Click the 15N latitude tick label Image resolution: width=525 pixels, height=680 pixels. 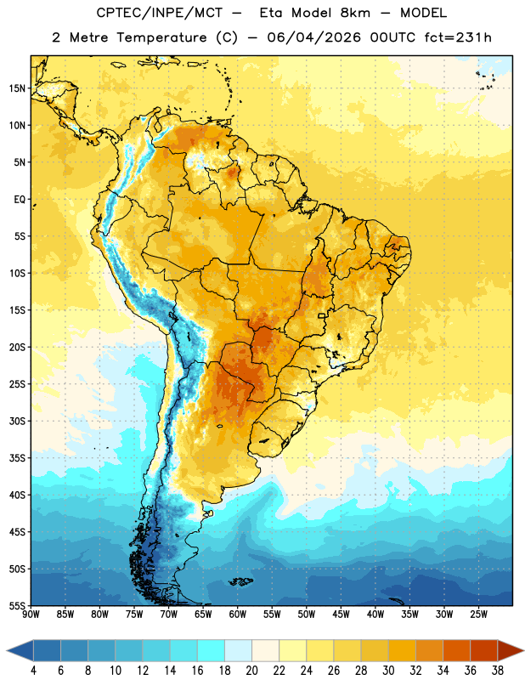[17, 88]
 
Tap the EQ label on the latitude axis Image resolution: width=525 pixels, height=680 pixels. [20, 200]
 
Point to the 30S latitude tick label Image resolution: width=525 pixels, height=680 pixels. [17, 421]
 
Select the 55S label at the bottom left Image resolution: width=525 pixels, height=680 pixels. [17, 605]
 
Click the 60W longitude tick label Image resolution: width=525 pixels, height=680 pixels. [238, 614]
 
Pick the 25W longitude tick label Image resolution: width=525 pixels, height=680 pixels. [478, 614]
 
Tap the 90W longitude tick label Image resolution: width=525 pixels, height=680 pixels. [31, 614]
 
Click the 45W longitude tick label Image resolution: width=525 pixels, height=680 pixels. [341, 614]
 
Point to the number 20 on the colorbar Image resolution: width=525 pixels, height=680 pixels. [251, 671]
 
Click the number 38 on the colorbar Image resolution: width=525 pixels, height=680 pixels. [498, 671]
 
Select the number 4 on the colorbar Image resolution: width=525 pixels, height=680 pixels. [33, 671]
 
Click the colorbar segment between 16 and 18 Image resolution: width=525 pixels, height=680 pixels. [212, 650]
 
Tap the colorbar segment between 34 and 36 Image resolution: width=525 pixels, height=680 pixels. [457, 650]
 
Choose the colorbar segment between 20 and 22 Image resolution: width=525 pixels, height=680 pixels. [266, 650]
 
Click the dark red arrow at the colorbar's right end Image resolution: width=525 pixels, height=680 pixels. [511, 650]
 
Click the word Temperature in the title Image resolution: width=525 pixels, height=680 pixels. [161, 37]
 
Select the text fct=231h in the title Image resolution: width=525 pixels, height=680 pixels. [458, 37]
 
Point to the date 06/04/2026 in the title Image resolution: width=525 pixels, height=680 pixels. [313, 37]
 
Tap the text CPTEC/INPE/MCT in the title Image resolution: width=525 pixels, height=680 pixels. [160, 13]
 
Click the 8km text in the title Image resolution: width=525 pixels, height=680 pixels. [355, 13]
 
